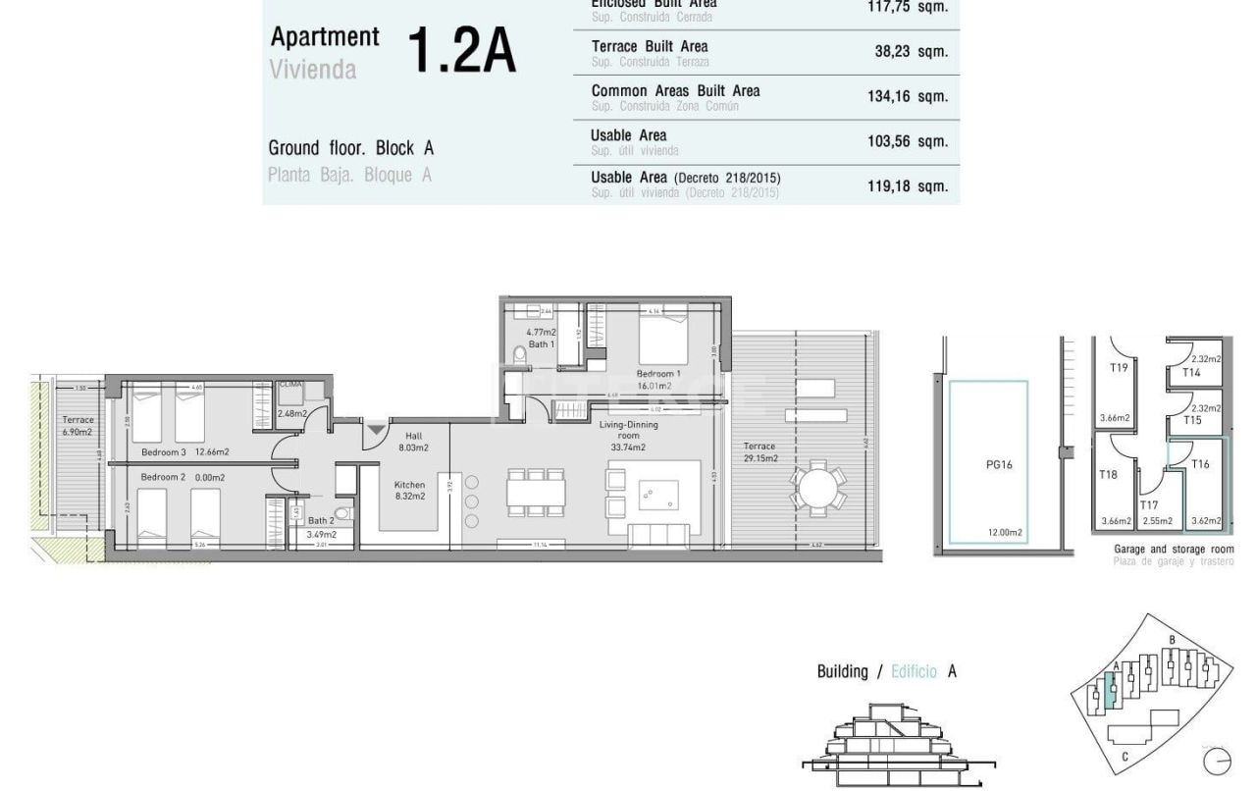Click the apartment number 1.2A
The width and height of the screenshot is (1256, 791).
pos(460,51)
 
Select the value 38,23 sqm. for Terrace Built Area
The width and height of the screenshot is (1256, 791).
pos(911,52)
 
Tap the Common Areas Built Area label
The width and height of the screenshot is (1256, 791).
pos(675,91)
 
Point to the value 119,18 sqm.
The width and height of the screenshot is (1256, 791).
pos(907,185)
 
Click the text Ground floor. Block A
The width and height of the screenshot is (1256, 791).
pos(350,148)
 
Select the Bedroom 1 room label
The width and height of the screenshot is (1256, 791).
pos(658,374)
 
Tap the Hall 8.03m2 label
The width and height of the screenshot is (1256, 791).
pos(413,441)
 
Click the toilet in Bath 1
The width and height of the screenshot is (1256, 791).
pos(520,354)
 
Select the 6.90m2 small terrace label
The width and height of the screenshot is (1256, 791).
pos(77,426)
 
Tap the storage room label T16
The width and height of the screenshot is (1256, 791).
pos(1200,464)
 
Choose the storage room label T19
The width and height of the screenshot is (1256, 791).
pos(1118,368)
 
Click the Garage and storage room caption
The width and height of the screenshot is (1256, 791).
pos(1174,550)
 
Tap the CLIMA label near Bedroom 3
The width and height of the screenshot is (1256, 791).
pos(290,386)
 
